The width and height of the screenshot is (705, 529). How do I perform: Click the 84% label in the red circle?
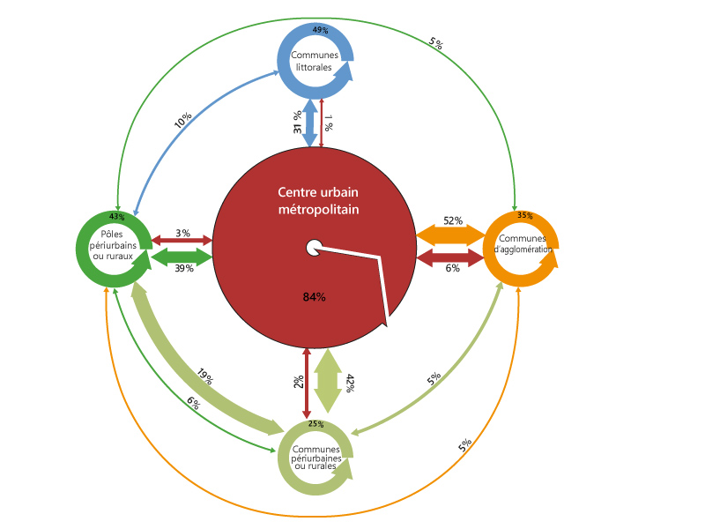(315, 297)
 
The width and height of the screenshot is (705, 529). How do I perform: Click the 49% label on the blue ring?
(321, 30)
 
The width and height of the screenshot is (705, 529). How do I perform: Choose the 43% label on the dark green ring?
(117, 216)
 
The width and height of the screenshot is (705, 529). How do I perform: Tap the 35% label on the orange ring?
(525, 215)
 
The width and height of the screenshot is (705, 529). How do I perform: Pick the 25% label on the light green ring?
(315, 424)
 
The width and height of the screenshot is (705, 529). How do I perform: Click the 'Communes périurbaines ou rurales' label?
(315, 457)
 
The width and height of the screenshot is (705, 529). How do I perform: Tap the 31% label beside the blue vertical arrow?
(298, 123)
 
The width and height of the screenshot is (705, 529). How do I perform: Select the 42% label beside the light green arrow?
(351, 383)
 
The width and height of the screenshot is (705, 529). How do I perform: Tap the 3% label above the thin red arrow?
(182, 233)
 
